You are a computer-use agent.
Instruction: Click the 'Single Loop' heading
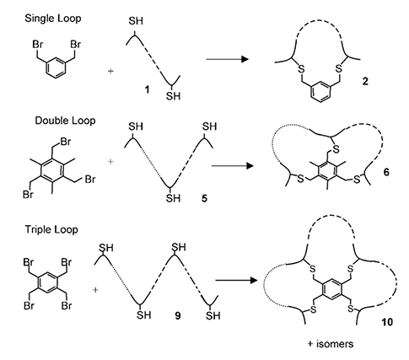tap(53, 19)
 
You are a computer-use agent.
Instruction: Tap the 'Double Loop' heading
tap(65, 121)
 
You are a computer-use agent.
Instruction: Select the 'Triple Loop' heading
tap(51, 229)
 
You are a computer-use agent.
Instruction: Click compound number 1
tap(147, 90)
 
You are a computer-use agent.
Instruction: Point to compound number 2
tap(365, 82)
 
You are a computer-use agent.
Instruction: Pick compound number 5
tap(204, 198)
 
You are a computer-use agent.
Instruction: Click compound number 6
tap(386, 172)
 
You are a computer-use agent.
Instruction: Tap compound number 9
tap(178, 316)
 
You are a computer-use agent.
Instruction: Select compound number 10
tap(387, 322)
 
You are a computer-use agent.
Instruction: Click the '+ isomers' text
tap(331, 344)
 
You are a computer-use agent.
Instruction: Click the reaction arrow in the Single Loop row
tap(228, 59)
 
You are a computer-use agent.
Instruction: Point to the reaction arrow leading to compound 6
tap(232, 166)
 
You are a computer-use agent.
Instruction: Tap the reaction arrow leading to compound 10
tap(236, 281)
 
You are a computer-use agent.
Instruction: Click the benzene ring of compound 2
tap(320, 92)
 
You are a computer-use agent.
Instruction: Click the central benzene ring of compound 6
tap(328, 171)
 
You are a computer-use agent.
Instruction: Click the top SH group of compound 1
tap(136, 21)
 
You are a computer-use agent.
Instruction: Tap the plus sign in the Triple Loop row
tap(96, 289)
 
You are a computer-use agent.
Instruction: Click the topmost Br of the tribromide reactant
tap(65, 142)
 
